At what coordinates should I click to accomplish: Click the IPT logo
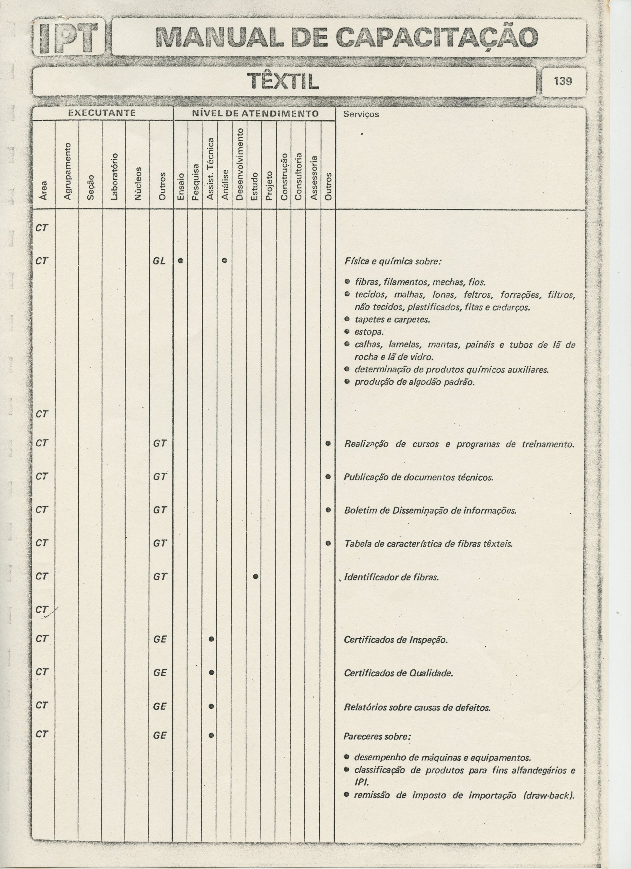(69, 38)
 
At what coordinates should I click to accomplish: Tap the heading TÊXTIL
(283, 81)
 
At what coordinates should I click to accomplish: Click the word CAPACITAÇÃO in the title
(435, 38)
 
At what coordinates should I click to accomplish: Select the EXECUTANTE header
(101, 113)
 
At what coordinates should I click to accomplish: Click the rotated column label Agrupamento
(68, 171)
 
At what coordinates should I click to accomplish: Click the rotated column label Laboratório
(114, 177)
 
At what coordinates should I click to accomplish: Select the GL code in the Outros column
(160, 261)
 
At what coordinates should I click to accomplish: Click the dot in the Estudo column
(255, 576)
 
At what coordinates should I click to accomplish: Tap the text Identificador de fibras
(391, 577)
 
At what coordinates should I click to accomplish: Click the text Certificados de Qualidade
(398, 673)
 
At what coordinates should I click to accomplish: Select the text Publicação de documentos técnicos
(419, 477)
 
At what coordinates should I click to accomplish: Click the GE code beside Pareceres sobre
(160, 735)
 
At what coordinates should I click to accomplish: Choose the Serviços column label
(361, 114)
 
